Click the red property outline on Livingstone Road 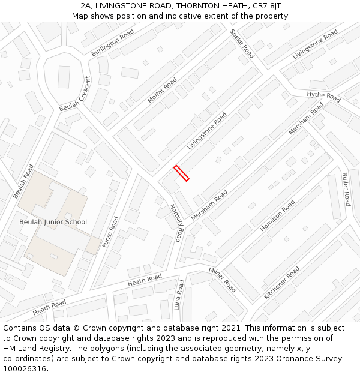181,173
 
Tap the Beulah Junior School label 53,222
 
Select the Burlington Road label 113,44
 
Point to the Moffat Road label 162,90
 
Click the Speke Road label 242,44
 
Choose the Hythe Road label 323,97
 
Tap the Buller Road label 345,189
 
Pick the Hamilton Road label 277,216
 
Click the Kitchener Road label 281,283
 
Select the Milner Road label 222,280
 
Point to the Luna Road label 178,295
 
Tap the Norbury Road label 175,223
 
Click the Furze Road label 110,233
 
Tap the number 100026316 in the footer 26,369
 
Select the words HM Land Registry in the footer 29,349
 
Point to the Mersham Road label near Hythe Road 306,118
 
